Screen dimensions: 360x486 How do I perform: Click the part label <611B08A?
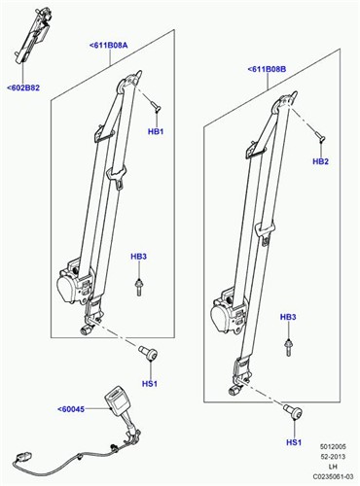(108, 45)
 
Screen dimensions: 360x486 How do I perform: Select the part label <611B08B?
(267, 69)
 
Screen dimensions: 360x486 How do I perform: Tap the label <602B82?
(23, 87)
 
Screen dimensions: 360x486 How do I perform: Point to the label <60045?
(71, 409)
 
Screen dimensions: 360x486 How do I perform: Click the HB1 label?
(156, 131)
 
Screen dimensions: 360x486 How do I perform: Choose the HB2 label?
(320, 161)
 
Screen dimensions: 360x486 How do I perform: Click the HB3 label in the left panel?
(138, 257)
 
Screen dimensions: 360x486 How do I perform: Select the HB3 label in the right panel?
(288, 317)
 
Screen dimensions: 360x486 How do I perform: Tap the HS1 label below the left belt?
(150, 384)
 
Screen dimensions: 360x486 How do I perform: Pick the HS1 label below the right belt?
(294, 442)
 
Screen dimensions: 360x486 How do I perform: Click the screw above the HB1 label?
(156, 107)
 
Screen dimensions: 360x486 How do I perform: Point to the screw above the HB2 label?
(319, 135)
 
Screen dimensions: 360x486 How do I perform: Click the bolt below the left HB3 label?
(139, 287)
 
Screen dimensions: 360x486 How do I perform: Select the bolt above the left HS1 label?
(148, 352)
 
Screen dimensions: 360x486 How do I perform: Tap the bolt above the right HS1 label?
(293, 411)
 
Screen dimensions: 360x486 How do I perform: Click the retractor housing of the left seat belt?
(74, 282)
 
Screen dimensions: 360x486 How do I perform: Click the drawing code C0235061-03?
(333, 477)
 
